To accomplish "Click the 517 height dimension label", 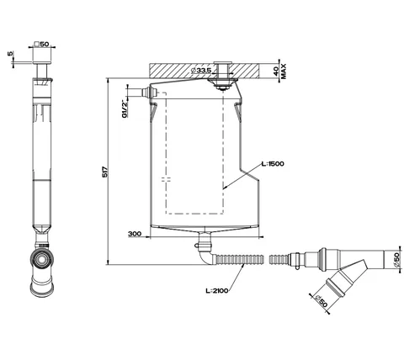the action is tap(105, 172).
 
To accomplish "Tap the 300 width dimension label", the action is tap(135, 234).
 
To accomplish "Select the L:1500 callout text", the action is tap(273, 164).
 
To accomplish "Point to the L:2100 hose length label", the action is tap(217, 291).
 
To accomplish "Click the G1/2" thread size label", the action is tap(125, 109).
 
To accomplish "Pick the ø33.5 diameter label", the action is tap(201, 71).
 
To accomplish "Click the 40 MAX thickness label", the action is tap(279, 71).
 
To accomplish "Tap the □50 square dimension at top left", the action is tap(41, 44).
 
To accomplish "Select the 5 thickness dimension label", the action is tap(10, 53).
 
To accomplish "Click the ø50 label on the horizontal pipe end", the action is tap(396, 260).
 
